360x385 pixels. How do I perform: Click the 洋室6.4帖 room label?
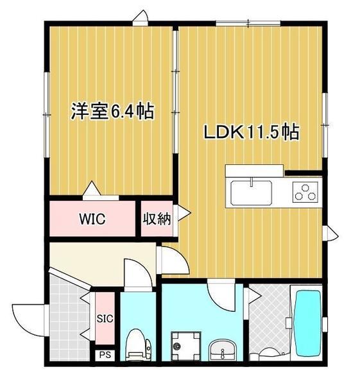click(112, 112)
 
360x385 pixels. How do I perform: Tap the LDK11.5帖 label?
click(251, 133)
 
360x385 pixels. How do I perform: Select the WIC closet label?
click(92, 218)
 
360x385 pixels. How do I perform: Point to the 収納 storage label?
click(157, 218)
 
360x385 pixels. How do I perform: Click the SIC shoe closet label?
click(105, 318)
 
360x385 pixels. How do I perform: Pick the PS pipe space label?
click(103, 354)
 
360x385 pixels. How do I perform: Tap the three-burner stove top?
click(306, 191)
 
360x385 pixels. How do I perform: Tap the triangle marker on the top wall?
click(141, 18)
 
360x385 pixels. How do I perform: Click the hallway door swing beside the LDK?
click(170, 261)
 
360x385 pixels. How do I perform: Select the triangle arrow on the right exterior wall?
click(332, 234)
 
